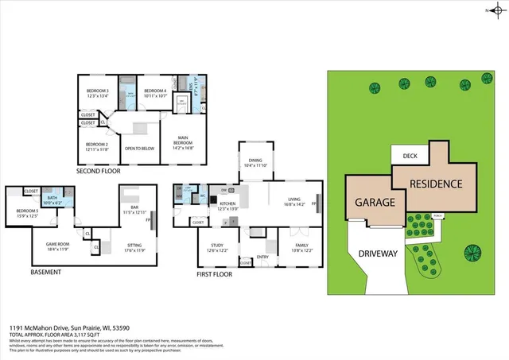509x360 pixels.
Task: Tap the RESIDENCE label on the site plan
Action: coord(435,184)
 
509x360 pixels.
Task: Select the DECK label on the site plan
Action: coord(410,157)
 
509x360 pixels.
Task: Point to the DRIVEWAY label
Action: coord(377,254)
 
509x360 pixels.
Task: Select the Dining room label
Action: coord(256,162)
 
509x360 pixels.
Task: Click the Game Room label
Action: coord(58,246)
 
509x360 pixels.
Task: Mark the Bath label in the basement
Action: coord(52,199)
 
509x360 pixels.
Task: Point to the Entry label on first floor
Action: coord(262,257)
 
